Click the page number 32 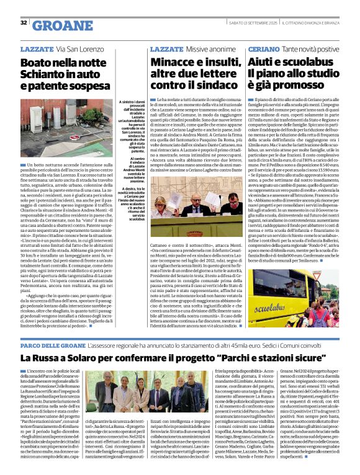point(23,22)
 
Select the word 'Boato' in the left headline point(35,62)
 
